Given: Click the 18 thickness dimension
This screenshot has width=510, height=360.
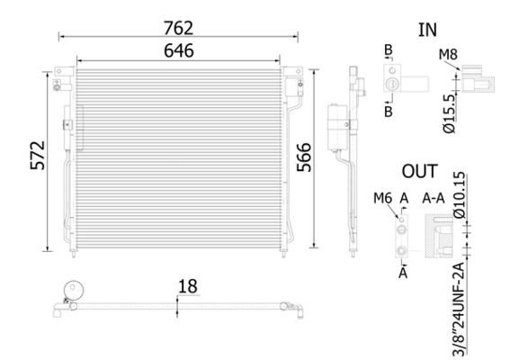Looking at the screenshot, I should point(188,287).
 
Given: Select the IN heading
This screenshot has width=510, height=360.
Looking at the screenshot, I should point(427,29).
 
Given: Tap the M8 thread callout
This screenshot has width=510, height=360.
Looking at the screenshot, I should point(447,56).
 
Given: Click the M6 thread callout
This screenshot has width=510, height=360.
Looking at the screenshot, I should point(381,198).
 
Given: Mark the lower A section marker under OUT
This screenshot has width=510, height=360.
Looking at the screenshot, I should point(404,269).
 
